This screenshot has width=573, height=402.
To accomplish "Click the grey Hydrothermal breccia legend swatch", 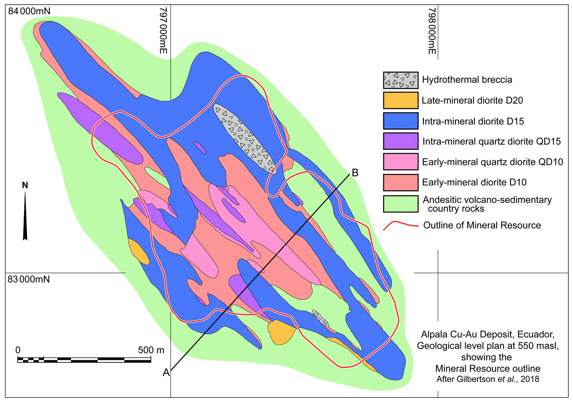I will pos(400,80).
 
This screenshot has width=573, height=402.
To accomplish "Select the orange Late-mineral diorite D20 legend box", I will pos(400,100).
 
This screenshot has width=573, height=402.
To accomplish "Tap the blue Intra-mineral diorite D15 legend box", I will pos(400,121).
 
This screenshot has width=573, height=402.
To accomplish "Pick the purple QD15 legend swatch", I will pos(400,141).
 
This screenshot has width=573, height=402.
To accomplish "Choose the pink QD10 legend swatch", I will pos(400,162).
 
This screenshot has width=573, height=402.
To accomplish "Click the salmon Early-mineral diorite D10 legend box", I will pos(400,182).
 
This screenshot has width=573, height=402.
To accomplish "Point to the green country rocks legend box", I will pos(400,204).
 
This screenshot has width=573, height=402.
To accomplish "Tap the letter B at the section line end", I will pos(355,173).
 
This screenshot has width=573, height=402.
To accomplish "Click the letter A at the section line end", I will pos(166,372).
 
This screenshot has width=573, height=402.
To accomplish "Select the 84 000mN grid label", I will pos(29,11).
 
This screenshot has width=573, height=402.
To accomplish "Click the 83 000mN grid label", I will pos(29,279).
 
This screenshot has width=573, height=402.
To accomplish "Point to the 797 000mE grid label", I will pos(163,30).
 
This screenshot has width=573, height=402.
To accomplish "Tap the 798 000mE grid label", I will pos(431,30).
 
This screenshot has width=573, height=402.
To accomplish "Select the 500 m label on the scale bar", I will pos(151,350).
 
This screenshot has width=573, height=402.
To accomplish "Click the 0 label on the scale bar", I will pos(18,350).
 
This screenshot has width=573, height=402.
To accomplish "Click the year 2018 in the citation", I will pos(530,379).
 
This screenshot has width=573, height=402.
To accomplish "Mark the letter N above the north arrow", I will pos(25,185).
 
